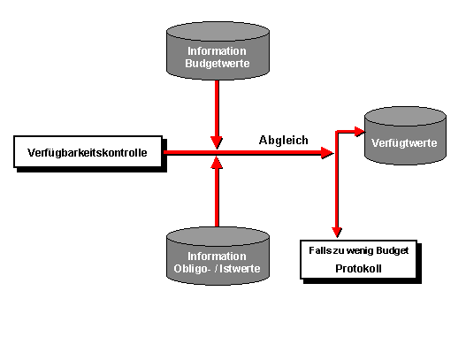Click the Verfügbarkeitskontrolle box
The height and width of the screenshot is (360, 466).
click(x=88, y=151)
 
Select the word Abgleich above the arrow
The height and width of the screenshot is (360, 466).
click(x=284, y=141)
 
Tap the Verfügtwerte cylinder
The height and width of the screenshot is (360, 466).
click(x=405, y=135)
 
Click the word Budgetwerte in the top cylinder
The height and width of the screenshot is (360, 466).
click(x=218, y=64)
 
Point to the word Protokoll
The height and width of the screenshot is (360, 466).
click(x=358, y=269)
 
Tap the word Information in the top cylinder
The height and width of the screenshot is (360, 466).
click(x=217, y=51)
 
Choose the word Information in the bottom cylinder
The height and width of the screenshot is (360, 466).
click(x=217, y=257)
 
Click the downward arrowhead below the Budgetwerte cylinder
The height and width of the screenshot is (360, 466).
click(x=217, y=142)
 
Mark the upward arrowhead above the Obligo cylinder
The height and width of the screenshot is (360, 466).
click(x=217, y=163)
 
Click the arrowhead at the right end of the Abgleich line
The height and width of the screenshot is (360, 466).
click(x=327, y=153)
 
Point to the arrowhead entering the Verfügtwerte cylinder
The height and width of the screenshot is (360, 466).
click(x=360, y=132)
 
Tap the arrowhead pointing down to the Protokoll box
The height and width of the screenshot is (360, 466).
click(x=337, y=232)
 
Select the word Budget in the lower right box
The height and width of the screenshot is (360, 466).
click(x=393, y=251)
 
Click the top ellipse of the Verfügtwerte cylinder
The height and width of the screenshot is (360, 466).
click(x=405, y=116)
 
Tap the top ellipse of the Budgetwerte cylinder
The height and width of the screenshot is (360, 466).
click(x=218, y=31)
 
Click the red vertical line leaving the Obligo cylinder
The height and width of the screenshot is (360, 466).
click(x=217, y=197)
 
